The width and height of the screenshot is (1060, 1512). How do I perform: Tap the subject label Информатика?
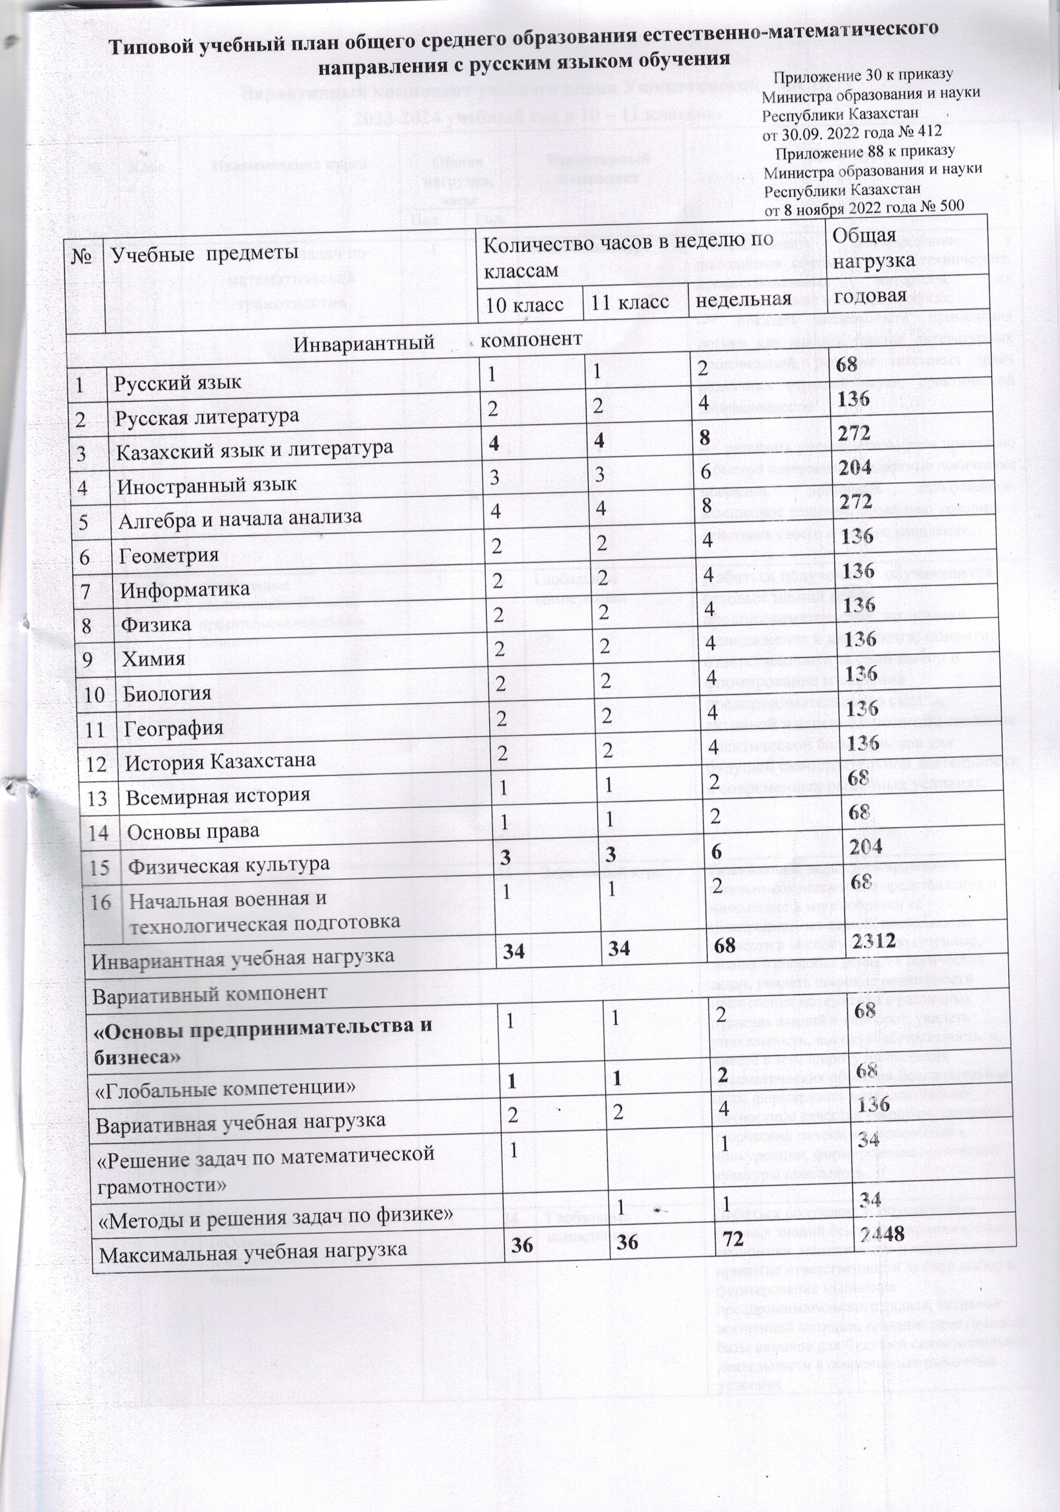185,589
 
